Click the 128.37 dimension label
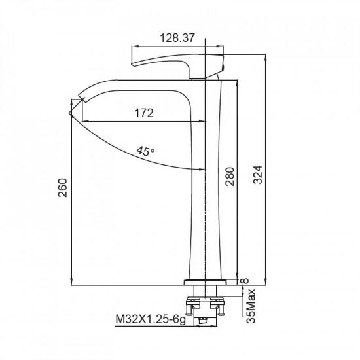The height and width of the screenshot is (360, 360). tap(177, 38)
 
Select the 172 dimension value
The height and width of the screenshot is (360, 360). tap(144, 113)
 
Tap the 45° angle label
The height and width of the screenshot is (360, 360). tap(145, 151)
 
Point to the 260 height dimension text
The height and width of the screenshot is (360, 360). tap(63, 188)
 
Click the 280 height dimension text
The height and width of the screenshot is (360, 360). tap(230, 176)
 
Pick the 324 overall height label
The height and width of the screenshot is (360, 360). tap(258, 175)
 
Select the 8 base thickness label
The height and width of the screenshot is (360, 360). tap(245, 281)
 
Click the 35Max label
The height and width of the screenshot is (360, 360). tap(251, 306)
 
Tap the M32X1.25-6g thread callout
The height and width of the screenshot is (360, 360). tap(151, 319)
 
